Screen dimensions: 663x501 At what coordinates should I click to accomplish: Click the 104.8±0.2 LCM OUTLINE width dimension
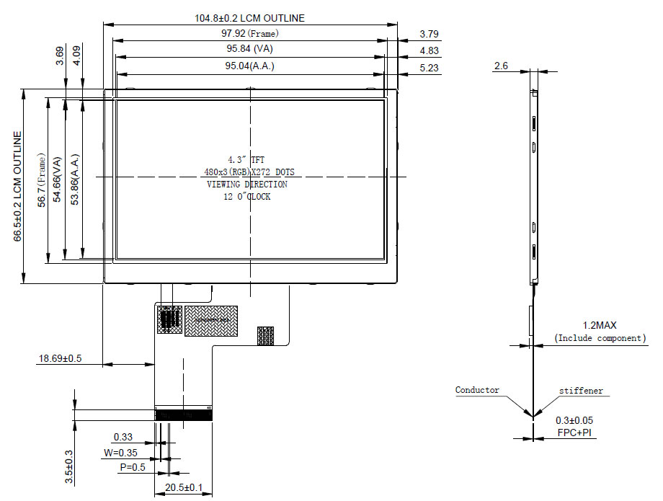[249, 18]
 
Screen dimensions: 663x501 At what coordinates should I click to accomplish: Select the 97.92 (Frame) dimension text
[250, 33]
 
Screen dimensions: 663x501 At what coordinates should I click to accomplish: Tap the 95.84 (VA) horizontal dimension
[249, 48]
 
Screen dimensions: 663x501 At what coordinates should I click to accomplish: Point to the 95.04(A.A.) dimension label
[249, 66]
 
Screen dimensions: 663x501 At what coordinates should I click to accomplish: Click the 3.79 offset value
[429, 34]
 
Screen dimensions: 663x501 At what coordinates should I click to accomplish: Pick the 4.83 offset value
[429, 50]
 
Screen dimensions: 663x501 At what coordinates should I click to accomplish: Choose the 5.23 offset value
[429, 68]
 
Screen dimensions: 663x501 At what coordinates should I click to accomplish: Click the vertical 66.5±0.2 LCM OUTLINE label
[17, 186]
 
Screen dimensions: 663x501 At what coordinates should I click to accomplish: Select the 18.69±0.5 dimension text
[60, 358]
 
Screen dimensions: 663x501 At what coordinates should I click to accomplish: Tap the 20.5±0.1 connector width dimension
[184, 487]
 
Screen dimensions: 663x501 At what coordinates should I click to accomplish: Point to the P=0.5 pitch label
[133, 467]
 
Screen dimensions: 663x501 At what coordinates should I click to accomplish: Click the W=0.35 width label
[120, 453]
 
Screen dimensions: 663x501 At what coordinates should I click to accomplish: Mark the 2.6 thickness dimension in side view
[501, 66]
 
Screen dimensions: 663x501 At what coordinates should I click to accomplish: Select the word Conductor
[477, 390]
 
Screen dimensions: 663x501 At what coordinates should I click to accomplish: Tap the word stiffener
[581, 391]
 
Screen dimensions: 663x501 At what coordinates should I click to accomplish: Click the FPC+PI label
[574, 433]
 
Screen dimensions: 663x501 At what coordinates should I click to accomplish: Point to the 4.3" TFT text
[246, 160]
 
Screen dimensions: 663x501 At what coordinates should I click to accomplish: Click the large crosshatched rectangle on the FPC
[211, 321]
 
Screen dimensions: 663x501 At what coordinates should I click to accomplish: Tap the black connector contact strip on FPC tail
[184, 415]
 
